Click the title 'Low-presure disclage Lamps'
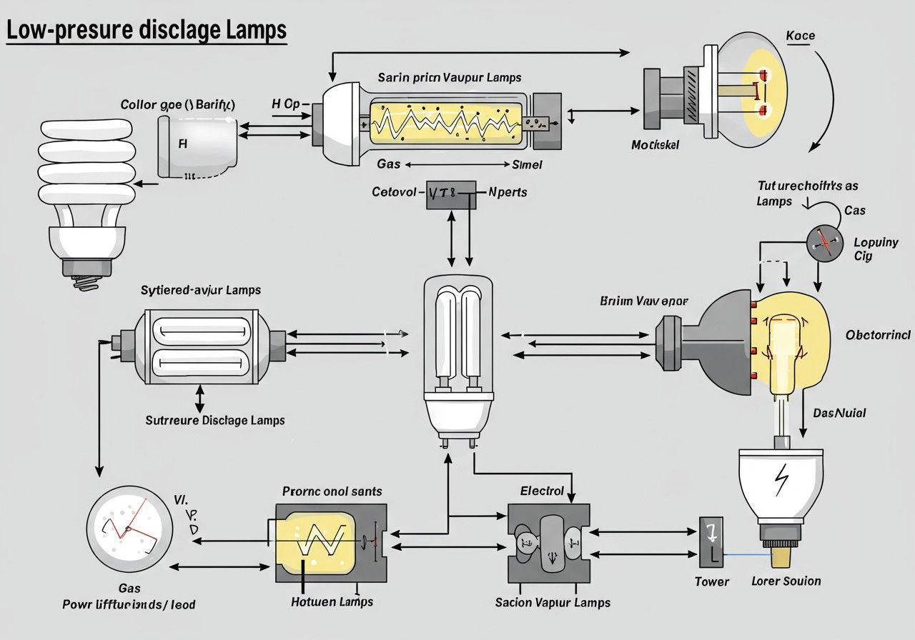click(x=147, y=31)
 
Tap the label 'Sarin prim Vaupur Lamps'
click(x=450, y=77)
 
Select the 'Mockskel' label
click(x=655, y=145)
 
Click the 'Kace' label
click(x=800, y=36)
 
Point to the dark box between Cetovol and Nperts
click(x=451, y=194)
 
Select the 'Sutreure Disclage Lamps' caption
click(x=215, y=420)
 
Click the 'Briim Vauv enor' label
click(x=643, y=301)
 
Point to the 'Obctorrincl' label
click(x=878, y=335)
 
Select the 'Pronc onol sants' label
click(x=332, y=491)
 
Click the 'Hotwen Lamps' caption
click(x=332, y=602)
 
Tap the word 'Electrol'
click(x=542, y=491)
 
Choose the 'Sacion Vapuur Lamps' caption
click(x=553, y=602)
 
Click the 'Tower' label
click(x=712, y=581)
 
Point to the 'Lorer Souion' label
click(x=786, y=581)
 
